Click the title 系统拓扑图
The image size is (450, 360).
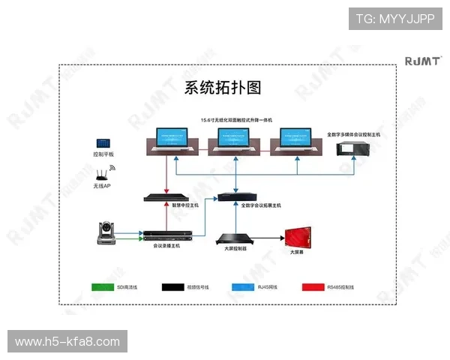tap(223, 88)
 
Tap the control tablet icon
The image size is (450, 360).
tap(102, 143)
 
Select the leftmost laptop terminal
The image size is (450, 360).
tap(172, 139)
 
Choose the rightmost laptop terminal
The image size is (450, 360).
tap(298, 139)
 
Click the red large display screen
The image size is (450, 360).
tap(301, 238)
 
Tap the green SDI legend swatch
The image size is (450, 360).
tap(106, 286)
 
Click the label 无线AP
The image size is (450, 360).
tap(102, 185)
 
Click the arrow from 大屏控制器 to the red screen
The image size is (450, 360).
tap(268, 238)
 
